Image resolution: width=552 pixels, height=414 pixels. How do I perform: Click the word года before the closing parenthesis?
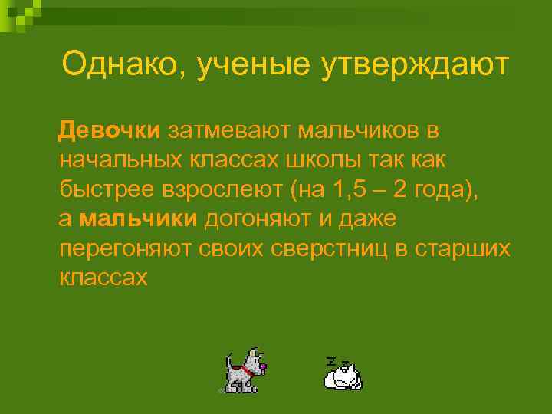(445, 189)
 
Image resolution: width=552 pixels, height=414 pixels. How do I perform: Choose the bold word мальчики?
(139, 219)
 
